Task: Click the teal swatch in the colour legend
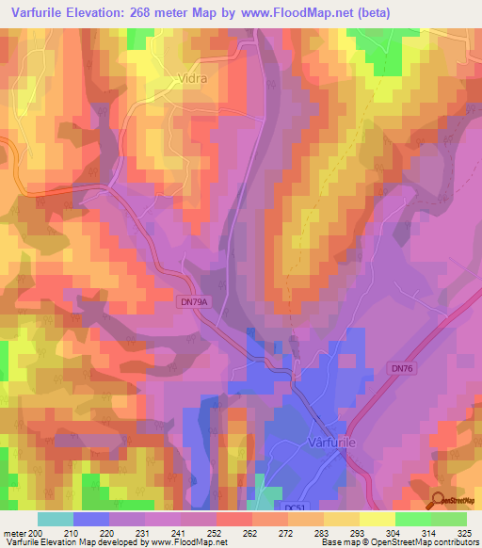click(x=56, y=519)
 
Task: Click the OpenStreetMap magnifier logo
click(x=439, y=501)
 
